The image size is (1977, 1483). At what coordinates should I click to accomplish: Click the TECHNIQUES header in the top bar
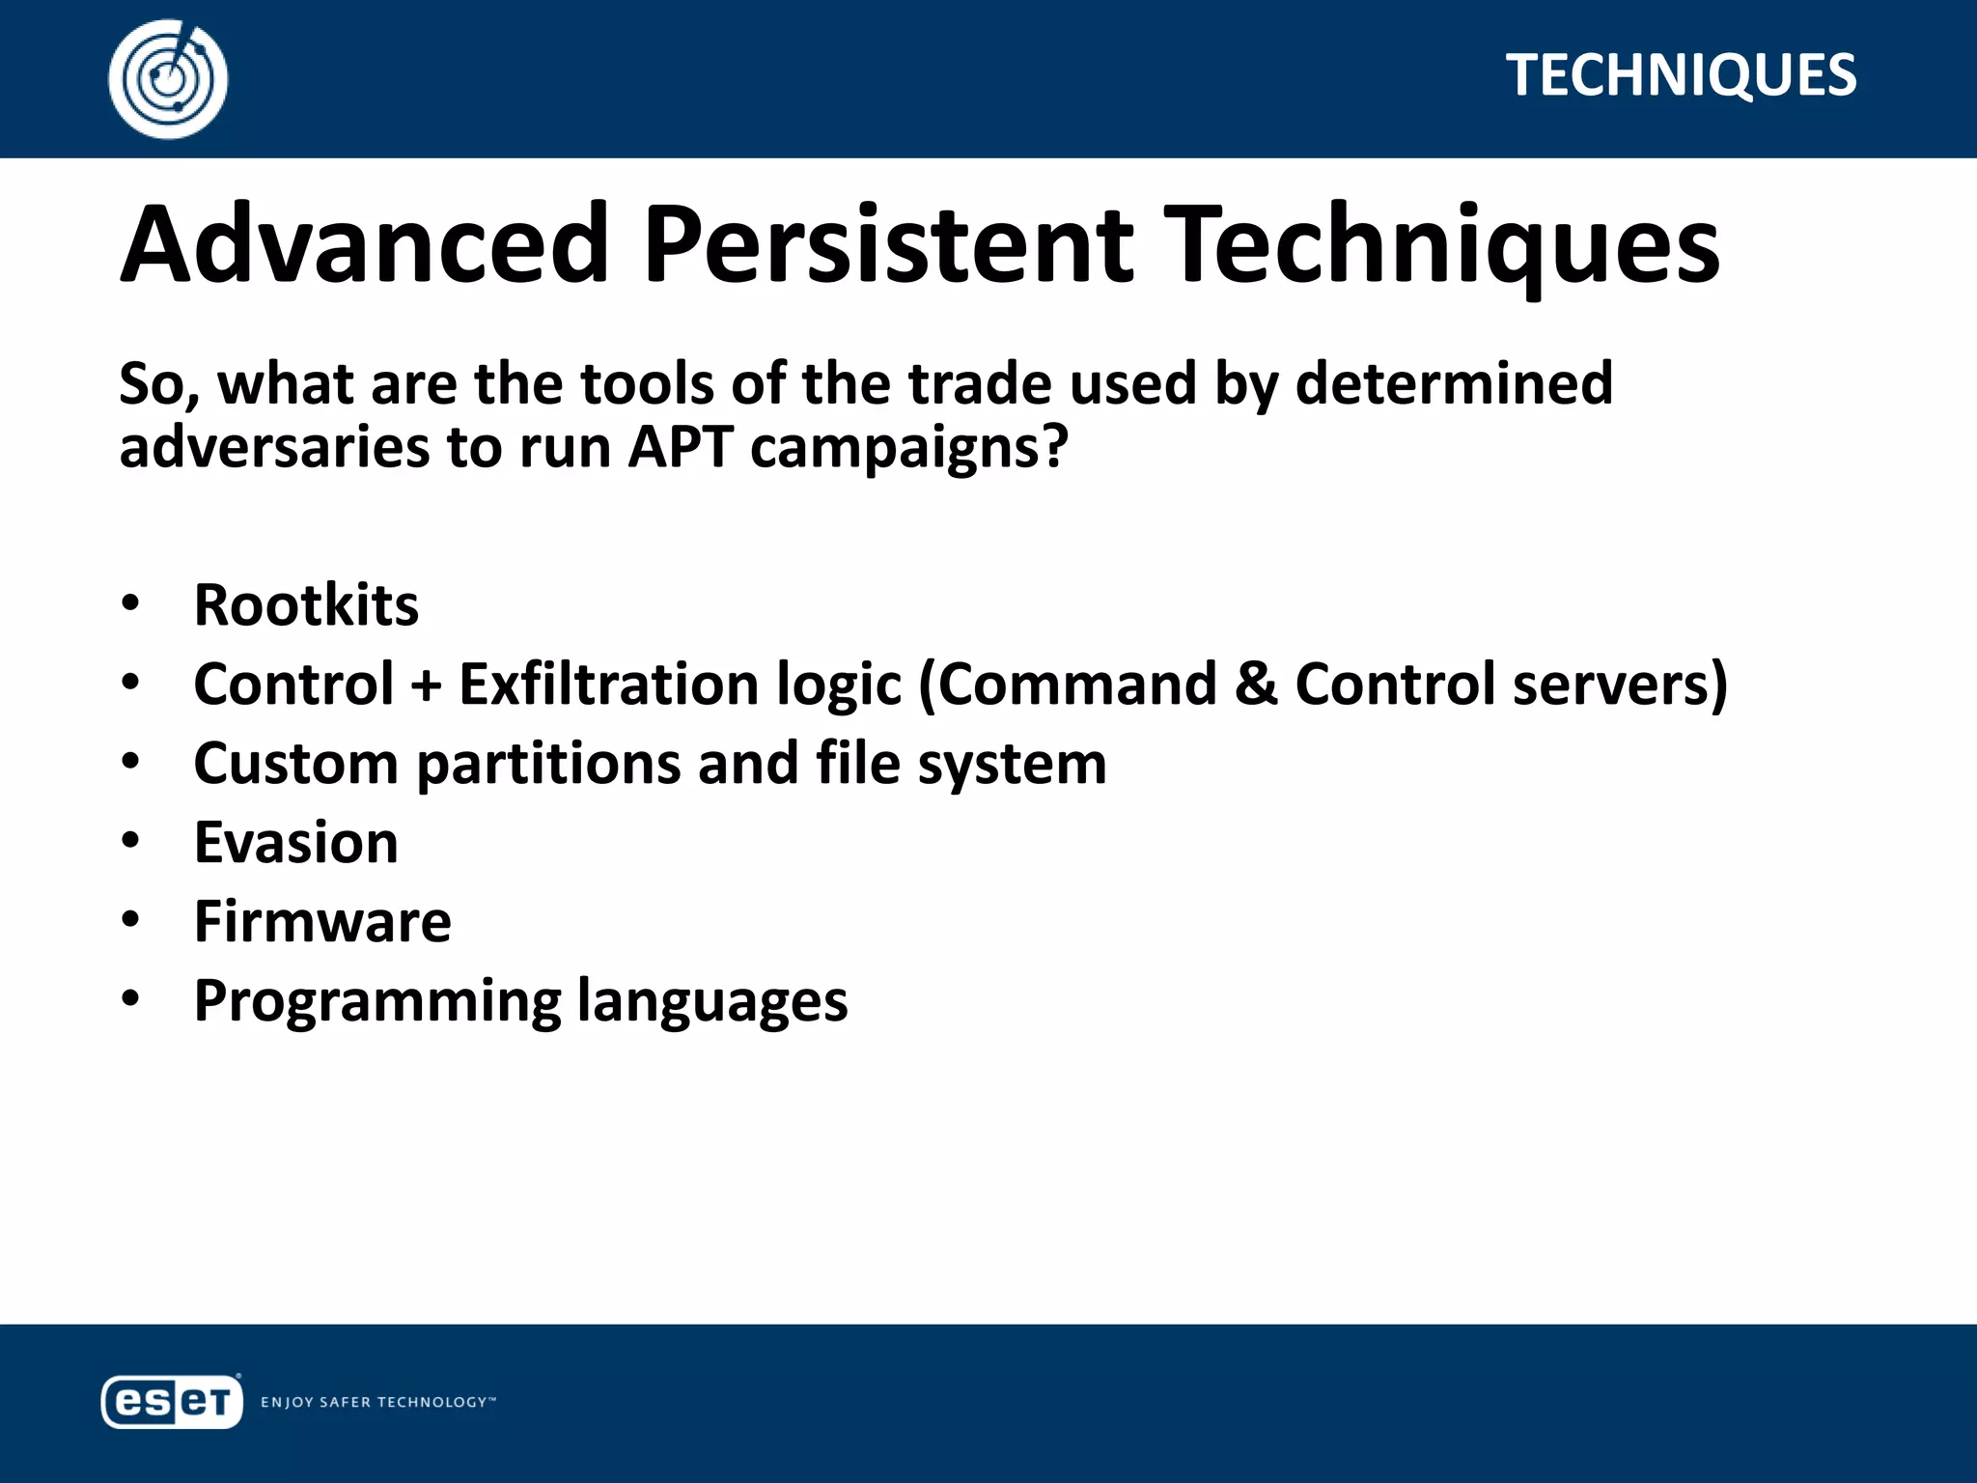pyautogui.click(x=1681, y=75)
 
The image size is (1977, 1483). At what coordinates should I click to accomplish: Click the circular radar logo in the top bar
pyautogui.click(x=168, y=78)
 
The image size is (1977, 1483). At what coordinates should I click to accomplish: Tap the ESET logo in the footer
pyautogui.click(x=172, y=1401)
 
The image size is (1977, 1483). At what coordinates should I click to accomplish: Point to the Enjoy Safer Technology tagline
pyautogui.click(x=377, y=1402)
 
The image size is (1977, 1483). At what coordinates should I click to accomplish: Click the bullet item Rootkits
pyautogui.click(x=306, y=605)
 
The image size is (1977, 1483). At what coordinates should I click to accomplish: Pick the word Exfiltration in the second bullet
pyautogui.click(x=609, y=685)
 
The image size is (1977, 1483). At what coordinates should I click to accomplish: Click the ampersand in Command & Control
pyautogui.click(x=1256, y=684)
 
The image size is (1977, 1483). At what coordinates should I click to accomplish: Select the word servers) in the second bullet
pyautogui.click(x=1620, y=685)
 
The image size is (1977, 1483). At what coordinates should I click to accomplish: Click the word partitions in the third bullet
pyautogui.click(x=548, y=765)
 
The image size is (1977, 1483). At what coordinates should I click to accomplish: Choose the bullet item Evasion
pyautogui.click(x=295, y=843)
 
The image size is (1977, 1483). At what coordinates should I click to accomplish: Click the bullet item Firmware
pyautogui.click(x=322, y=922)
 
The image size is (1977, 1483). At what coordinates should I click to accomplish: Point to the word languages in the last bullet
pyautogui.click(x=712, y=1002)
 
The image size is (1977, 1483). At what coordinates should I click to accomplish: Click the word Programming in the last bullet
pyautogui.click(x=377, y=1002)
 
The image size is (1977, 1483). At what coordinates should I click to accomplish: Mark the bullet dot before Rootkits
pyautogui.click(x=130, y=604)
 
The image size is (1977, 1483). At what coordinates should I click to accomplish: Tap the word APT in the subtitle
pyautogui.click(x=681, y=448)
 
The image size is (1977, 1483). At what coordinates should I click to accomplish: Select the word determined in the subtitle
pyautogui.click(x=1454, y=383)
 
